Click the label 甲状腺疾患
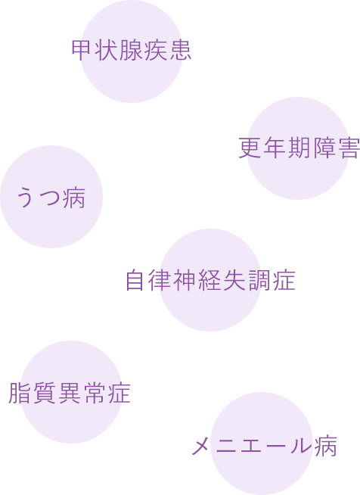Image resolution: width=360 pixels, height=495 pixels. point(132,51)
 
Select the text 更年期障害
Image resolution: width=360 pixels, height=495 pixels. point(299,148)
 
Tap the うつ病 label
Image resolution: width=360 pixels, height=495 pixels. point(51,198)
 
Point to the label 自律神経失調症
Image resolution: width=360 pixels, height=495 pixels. point(210,280)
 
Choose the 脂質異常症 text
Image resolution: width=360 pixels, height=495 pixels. point(70,393)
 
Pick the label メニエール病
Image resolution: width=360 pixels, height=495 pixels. point(265,446)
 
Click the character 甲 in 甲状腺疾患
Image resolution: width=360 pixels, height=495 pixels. point(82,51)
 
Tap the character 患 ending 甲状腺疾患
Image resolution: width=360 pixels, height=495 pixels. point(181,51)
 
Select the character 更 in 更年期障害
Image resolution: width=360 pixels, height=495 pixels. point(250,148)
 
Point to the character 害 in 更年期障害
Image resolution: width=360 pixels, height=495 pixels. point(349,148)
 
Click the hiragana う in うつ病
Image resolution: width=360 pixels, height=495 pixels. point(26,198)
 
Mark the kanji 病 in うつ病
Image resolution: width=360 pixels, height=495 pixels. point(74,198)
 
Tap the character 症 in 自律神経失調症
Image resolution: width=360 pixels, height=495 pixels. point(284,280)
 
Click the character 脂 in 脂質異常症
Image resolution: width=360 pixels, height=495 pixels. point(20,393)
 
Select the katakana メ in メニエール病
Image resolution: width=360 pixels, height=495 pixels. point(200,446)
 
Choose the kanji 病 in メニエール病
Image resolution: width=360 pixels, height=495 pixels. point(326,446)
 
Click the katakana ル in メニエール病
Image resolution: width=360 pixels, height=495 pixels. point(301,446)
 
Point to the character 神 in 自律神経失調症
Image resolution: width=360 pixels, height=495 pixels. point(185,280)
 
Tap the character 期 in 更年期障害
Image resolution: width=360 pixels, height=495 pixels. point(299,148)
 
